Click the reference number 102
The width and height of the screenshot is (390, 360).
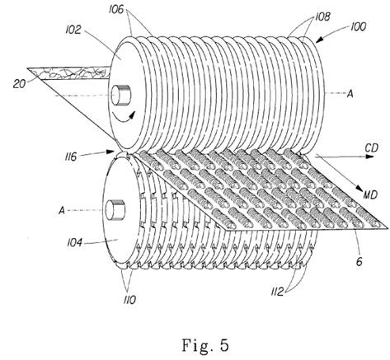pyautogui.click(x=73, y=30)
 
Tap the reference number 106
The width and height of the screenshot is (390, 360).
pyautogui.click(x=117, y=10)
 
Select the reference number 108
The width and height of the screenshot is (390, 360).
pyautogui.click(x=322, y=17)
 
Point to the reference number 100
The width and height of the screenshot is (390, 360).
pyautogui.click(x=358, y=27)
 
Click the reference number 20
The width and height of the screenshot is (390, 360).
pyautogui.click(x=19, y=84)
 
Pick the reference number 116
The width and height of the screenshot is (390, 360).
pyautogui.click(x=71, y=157)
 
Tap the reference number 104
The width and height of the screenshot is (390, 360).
pyautogui.click(x=74, y=243)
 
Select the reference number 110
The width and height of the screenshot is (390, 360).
pyautogui.click(x=129, y=300)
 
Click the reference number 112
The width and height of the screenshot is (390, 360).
pyautogui.click(x=277, y=292)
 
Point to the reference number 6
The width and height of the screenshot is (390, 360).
pyautogui.click(x=359, y=261)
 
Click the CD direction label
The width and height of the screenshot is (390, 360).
pyautogui.click(x=372, y=147)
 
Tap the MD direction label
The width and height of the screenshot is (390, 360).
pyautogui.click(x=370, y=195)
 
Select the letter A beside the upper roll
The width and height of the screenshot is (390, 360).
pyautogui.click(x=350, y=94)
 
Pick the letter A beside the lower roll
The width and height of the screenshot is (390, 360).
pyautogui.click(x=62, y=211)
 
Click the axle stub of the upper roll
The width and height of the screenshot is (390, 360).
pyautogui.click(x=121, y=95)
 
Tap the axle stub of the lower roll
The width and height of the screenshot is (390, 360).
pyautogui.click(x=115, y=210)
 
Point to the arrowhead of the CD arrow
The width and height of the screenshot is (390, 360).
pyautogui.click(x=370, y=157)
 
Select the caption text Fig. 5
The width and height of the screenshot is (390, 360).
pyautogui.click(x=205, y=345)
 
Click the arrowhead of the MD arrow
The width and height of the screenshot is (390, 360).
pyautogui.click(x=360, y=188)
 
